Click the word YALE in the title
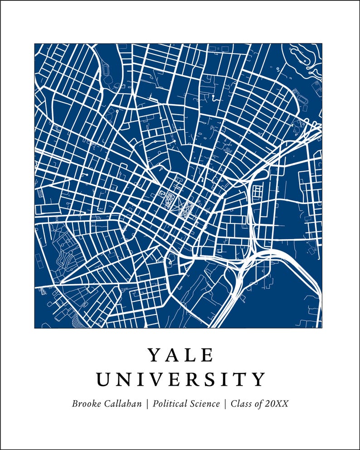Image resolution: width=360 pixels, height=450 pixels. click(x=180, y=355)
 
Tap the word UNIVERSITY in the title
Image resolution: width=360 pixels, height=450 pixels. click(x=180, y=379)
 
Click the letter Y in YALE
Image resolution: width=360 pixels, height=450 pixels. click(x=154, y=355)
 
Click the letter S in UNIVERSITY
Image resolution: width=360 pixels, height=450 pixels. click(x=219, y=379)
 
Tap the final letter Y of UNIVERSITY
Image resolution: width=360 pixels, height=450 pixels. click(x=259, y=379)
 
